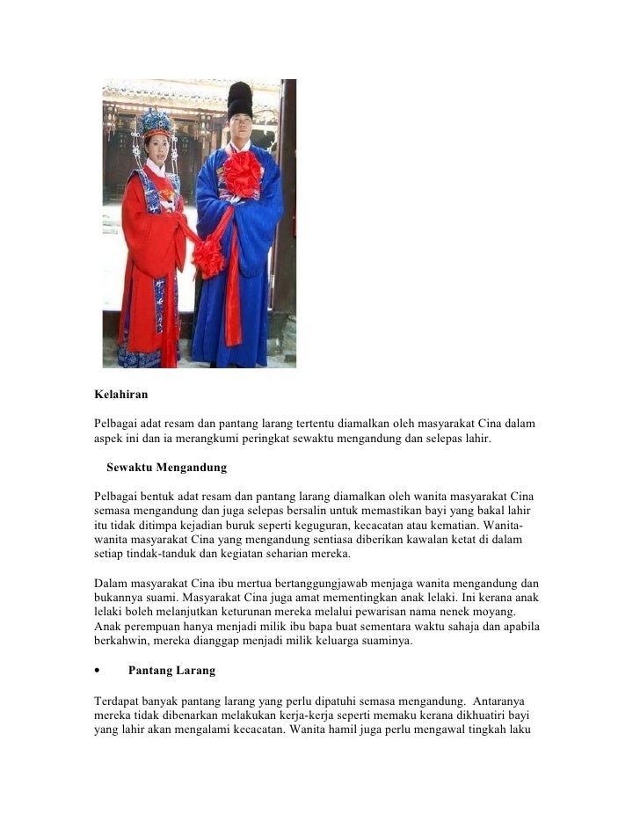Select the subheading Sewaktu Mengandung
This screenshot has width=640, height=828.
click(x=166, y=466)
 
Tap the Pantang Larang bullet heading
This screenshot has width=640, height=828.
click(x=171, y=671)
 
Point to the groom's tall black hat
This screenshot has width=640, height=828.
click(x=239, y=100)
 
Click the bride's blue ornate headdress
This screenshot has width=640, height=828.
click(x=156, y=123)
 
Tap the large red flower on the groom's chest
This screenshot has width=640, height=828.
click(x=242, y=173)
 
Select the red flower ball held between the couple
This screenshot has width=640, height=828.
click(x=209, y=257)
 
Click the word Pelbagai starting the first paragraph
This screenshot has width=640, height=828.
click(x=117, y=425)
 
